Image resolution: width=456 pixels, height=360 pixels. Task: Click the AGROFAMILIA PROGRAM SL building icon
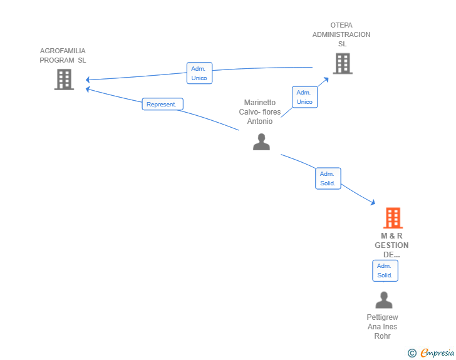(64, 80)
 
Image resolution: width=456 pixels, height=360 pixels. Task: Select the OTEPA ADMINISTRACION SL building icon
(343, 63)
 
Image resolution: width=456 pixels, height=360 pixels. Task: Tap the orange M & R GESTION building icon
(393, 218)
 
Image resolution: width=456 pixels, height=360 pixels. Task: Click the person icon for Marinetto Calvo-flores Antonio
(261, 141)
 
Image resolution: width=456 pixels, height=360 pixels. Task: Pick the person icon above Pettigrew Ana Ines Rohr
(384, 300)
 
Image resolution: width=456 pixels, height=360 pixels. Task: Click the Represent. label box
(163, 104)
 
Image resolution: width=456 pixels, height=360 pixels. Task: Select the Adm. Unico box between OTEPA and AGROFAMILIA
(199, 73)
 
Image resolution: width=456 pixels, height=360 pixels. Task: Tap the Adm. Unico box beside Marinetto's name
(305, 97)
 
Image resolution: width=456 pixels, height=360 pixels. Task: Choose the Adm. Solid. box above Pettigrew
(385, 270)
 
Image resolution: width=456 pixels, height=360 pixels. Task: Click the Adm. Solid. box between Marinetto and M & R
(328, 178)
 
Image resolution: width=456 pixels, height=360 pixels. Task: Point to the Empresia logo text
(437, 352)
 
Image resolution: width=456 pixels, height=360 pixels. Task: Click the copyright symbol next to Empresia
(412, 353)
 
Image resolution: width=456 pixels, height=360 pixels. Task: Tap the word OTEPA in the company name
(341, 25)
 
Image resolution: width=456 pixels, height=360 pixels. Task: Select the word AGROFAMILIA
(63, 51)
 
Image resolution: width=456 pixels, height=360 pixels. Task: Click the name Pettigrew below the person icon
(383, 317)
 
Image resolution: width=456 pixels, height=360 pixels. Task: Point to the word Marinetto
(260, 102)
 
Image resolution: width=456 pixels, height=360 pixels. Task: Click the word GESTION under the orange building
(391, 245)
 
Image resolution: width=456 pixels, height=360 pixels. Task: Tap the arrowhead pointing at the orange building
(373, 202)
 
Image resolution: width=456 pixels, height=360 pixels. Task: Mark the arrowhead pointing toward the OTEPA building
(326, 80)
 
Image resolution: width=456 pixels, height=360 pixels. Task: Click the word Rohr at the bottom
(383, 336)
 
